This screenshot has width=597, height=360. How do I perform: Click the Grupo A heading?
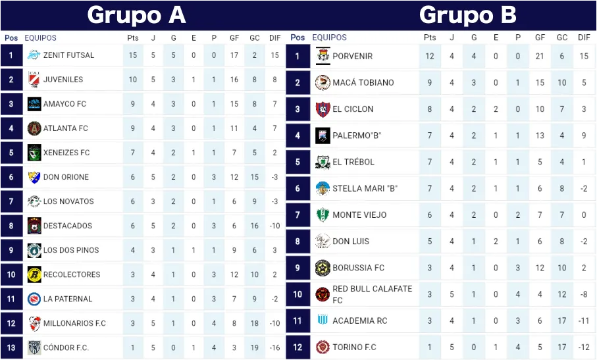pyautogui.click(x=136, y=14)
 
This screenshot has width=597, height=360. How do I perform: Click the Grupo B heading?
pyautogui.click(x=467, y=14)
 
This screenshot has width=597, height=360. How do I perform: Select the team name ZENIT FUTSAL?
pyautogui.click(x=68, y=55)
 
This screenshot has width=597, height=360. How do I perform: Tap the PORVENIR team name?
pyautogui.click(x=352, y=56)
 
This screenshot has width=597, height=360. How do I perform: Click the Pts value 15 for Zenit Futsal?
pyautogui.click(x=133, y=55)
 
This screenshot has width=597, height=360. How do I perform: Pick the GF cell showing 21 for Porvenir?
pyautogui.click(x=540, y=56)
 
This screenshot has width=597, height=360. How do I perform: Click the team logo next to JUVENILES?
pyautogui.click(x=34, y=80)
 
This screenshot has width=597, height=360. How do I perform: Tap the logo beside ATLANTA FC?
pyautogui.click(x=34, y=128)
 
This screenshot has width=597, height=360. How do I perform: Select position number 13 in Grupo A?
pyautogui.click(x=11, y=347)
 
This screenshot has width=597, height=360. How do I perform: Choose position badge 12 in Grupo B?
pyautogui.click(x=298, y=347)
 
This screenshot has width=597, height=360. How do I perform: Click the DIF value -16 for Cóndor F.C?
pyautogui.click(x=274, y=347)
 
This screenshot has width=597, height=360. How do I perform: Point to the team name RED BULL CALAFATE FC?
pyautogui.click(x=372, y=294)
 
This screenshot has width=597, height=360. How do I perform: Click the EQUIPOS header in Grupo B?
pyautogui.click(x=329, y=38)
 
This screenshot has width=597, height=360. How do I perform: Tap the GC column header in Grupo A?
pyautogui.click(x=255, y=38)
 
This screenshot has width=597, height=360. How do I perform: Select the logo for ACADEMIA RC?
pyautogui.click(x=323, y=321)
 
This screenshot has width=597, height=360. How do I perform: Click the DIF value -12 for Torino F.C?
pyautogui.click(x=584, y=347)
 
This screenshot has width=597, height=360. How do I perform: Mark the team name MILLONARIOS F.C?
pyautogui.click(x=74, y=323)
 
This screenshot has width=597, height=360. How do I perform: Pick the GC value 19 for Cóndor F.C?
pyautogui.click(x=255, y=347)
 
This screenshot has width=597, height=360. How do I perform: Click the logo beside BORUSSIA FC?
pyautogui.click(x=323, y=268)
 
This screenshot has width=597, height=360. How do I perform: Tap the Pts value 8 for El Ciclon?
pyautogui.click(x=430, y=109)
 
